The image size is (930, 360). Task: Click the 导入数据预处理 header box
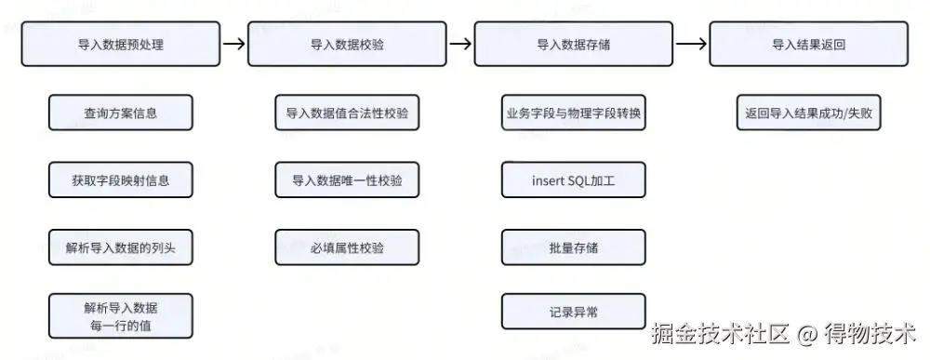121,44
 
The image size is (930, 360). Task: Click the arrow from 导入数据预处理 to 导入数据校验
234,44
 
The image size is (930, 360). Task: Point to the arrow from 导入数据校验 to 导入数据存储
460,44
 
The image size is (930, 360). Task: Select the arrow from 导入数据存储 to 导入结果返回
691,44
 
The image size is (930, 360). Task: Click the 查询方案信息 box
121,113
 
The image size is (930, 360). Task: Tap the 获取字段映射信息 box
121,180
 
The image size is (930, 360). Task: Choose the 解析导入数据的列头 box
121,247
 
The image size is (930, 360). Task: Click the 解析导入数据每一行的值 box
121,315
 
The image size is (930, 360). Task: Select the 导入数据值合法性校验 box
347,113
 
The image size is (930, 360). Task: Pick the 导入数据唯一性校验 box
347,180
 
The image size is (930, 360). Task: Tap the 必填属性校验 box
347,247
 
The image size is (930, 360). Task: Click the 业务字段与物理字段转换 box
574,113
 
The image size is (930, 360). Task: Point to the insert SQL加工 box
574,180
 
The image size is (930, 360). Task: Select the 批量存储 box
574,247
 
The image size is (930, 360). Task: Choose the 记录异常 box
574,311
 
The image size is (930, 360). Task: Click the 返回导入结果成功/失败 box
808,113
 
